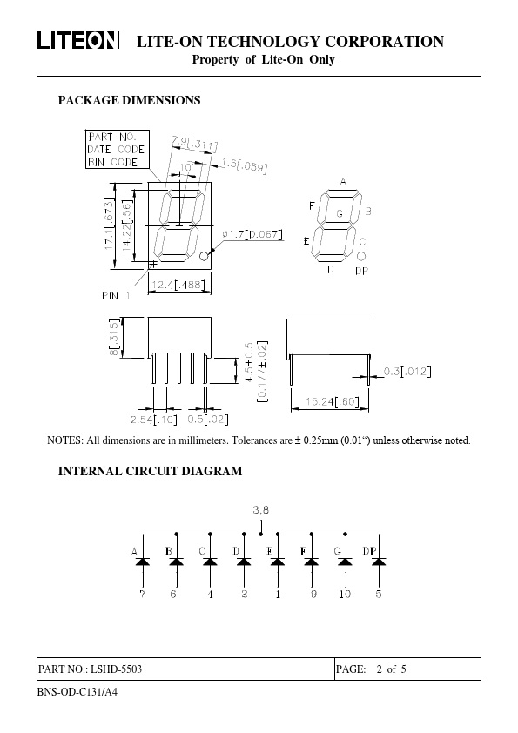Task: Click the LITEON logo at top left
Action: (x=77, y=41)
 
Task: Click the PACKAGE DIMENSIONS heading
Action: (x=129, y=101)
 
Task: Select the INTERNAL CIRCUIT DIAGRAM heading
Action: (x=149, y=472)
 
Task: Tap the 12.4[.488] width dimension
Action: (x=179, y=285)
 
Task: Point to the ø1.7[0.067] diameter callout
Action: (x=253, y=234)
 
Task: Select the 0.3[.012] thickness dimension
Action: (x=408, y=373)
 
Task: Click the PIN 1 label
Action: (x=115, y=295)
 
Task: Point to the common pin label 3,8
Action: (x=260, y=509)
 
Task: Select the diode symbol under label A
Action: (x=143, y=562)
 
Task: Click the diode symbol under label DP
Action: (x=379, y=562)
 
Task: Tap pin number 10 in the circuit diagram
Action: (x=345, y=594)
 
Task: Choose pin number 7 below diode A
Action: (x=143, y=594)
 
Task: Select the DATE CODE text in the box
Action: (x=115, y=149)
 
